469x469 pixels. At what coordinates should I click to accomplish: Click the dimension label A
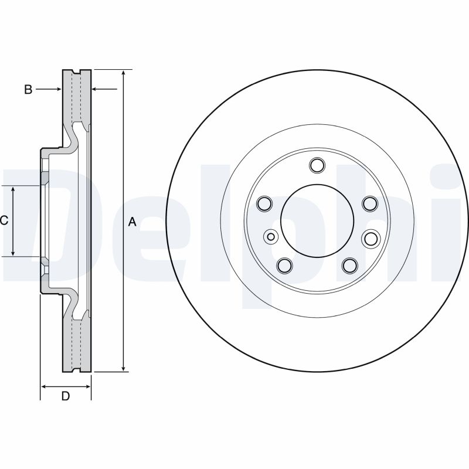(132, 222)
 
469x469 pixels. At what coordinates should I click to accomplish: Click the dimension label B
(28, 89)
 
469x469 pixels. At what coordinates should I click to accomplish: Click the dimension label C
(4, 220)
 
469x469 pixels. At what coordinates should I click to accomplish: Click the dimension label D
(66, 396)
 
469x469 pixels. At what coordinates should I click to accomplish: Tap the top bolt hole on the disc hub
(317, 165)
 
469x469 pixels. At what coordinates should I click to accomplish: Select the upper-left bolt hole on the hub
(264, 203)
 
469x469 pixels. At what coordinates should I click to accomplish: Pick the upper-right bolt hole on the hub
(369, 203)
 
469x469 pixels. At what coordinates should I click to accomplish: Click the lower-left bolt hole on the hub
(284, 265)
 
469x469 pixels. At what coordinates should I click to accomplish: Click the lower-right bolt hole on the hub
(349, 265)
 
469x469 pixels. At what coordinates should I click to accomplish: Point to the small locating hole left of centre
(271, 237)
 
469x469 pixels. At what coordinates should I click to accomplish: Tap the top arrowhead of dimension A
(124, 73)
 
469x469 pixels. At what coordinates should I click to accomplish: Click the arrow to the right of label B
(55, 89)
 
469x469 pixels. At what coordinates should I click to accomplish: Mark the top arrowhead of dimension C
(13, 188)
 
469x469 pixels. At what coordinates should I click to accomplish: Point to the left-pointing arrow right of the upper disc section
(97, 89)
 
